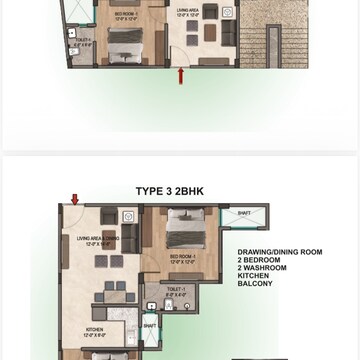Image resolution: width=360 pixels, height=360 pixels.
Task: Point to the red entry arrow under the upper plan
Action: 180,75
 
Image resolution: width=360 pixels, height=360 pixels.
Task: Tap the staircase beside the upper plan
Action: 272,40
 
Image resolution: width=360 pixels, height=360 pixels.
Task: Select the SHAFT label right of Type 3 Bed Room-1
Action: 243,212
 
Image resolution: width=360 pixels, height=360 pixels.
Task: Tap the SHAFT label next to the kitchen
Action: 149,324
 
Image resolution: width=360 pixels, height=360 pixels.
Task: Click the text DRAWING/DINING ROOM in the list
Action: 279,253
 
